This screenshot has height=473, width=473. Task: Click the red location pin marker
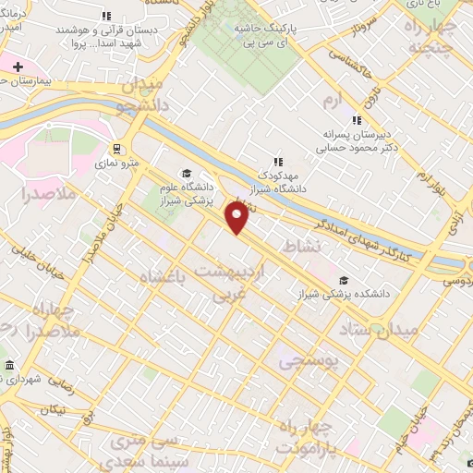click(x=237, y=217)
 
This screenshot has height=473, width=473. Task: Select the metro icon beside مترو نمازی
click(x=116, y=148)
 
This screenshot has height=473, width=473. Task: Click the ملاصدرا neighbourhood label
click(x=39, y=195)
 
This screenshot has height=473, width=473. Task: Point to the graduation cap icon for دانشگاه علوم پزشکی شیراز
click(x=186, y=173)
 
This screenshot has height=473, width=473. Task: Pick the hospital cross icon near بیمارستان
click(x=18, y=67)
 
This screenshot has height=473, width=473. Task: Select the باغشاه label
click(x=167, y=277)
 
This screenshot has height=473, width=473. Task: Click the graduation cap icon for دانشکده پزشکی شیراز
click(x=345, y=281)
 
